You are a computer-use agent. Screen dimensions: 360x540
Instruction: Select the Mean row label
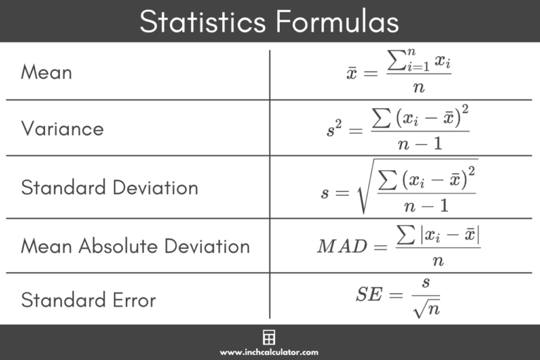[46, 72]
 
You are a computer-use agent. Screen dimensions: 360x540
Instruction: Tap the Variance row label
[62, 129]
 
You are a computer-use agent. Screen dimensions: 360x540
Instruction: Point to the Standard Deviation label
[109, 188]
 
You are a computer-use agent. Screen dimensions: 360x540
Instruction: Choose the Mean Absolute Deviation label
[135, 246]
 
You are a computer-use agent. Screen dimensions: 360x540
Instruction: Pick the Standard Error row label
[88, 300]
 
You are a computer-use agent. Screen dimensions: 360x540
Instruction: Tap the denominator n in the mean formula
[419, 86]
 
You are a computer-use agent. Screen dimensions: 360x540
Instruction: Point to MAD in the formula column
[342, 246]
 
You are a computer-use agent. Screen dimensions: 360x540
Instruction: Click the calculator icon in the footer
[269, 336]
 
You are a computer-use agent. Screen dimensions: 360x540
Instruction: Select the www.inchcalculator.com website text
[269, 352]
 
